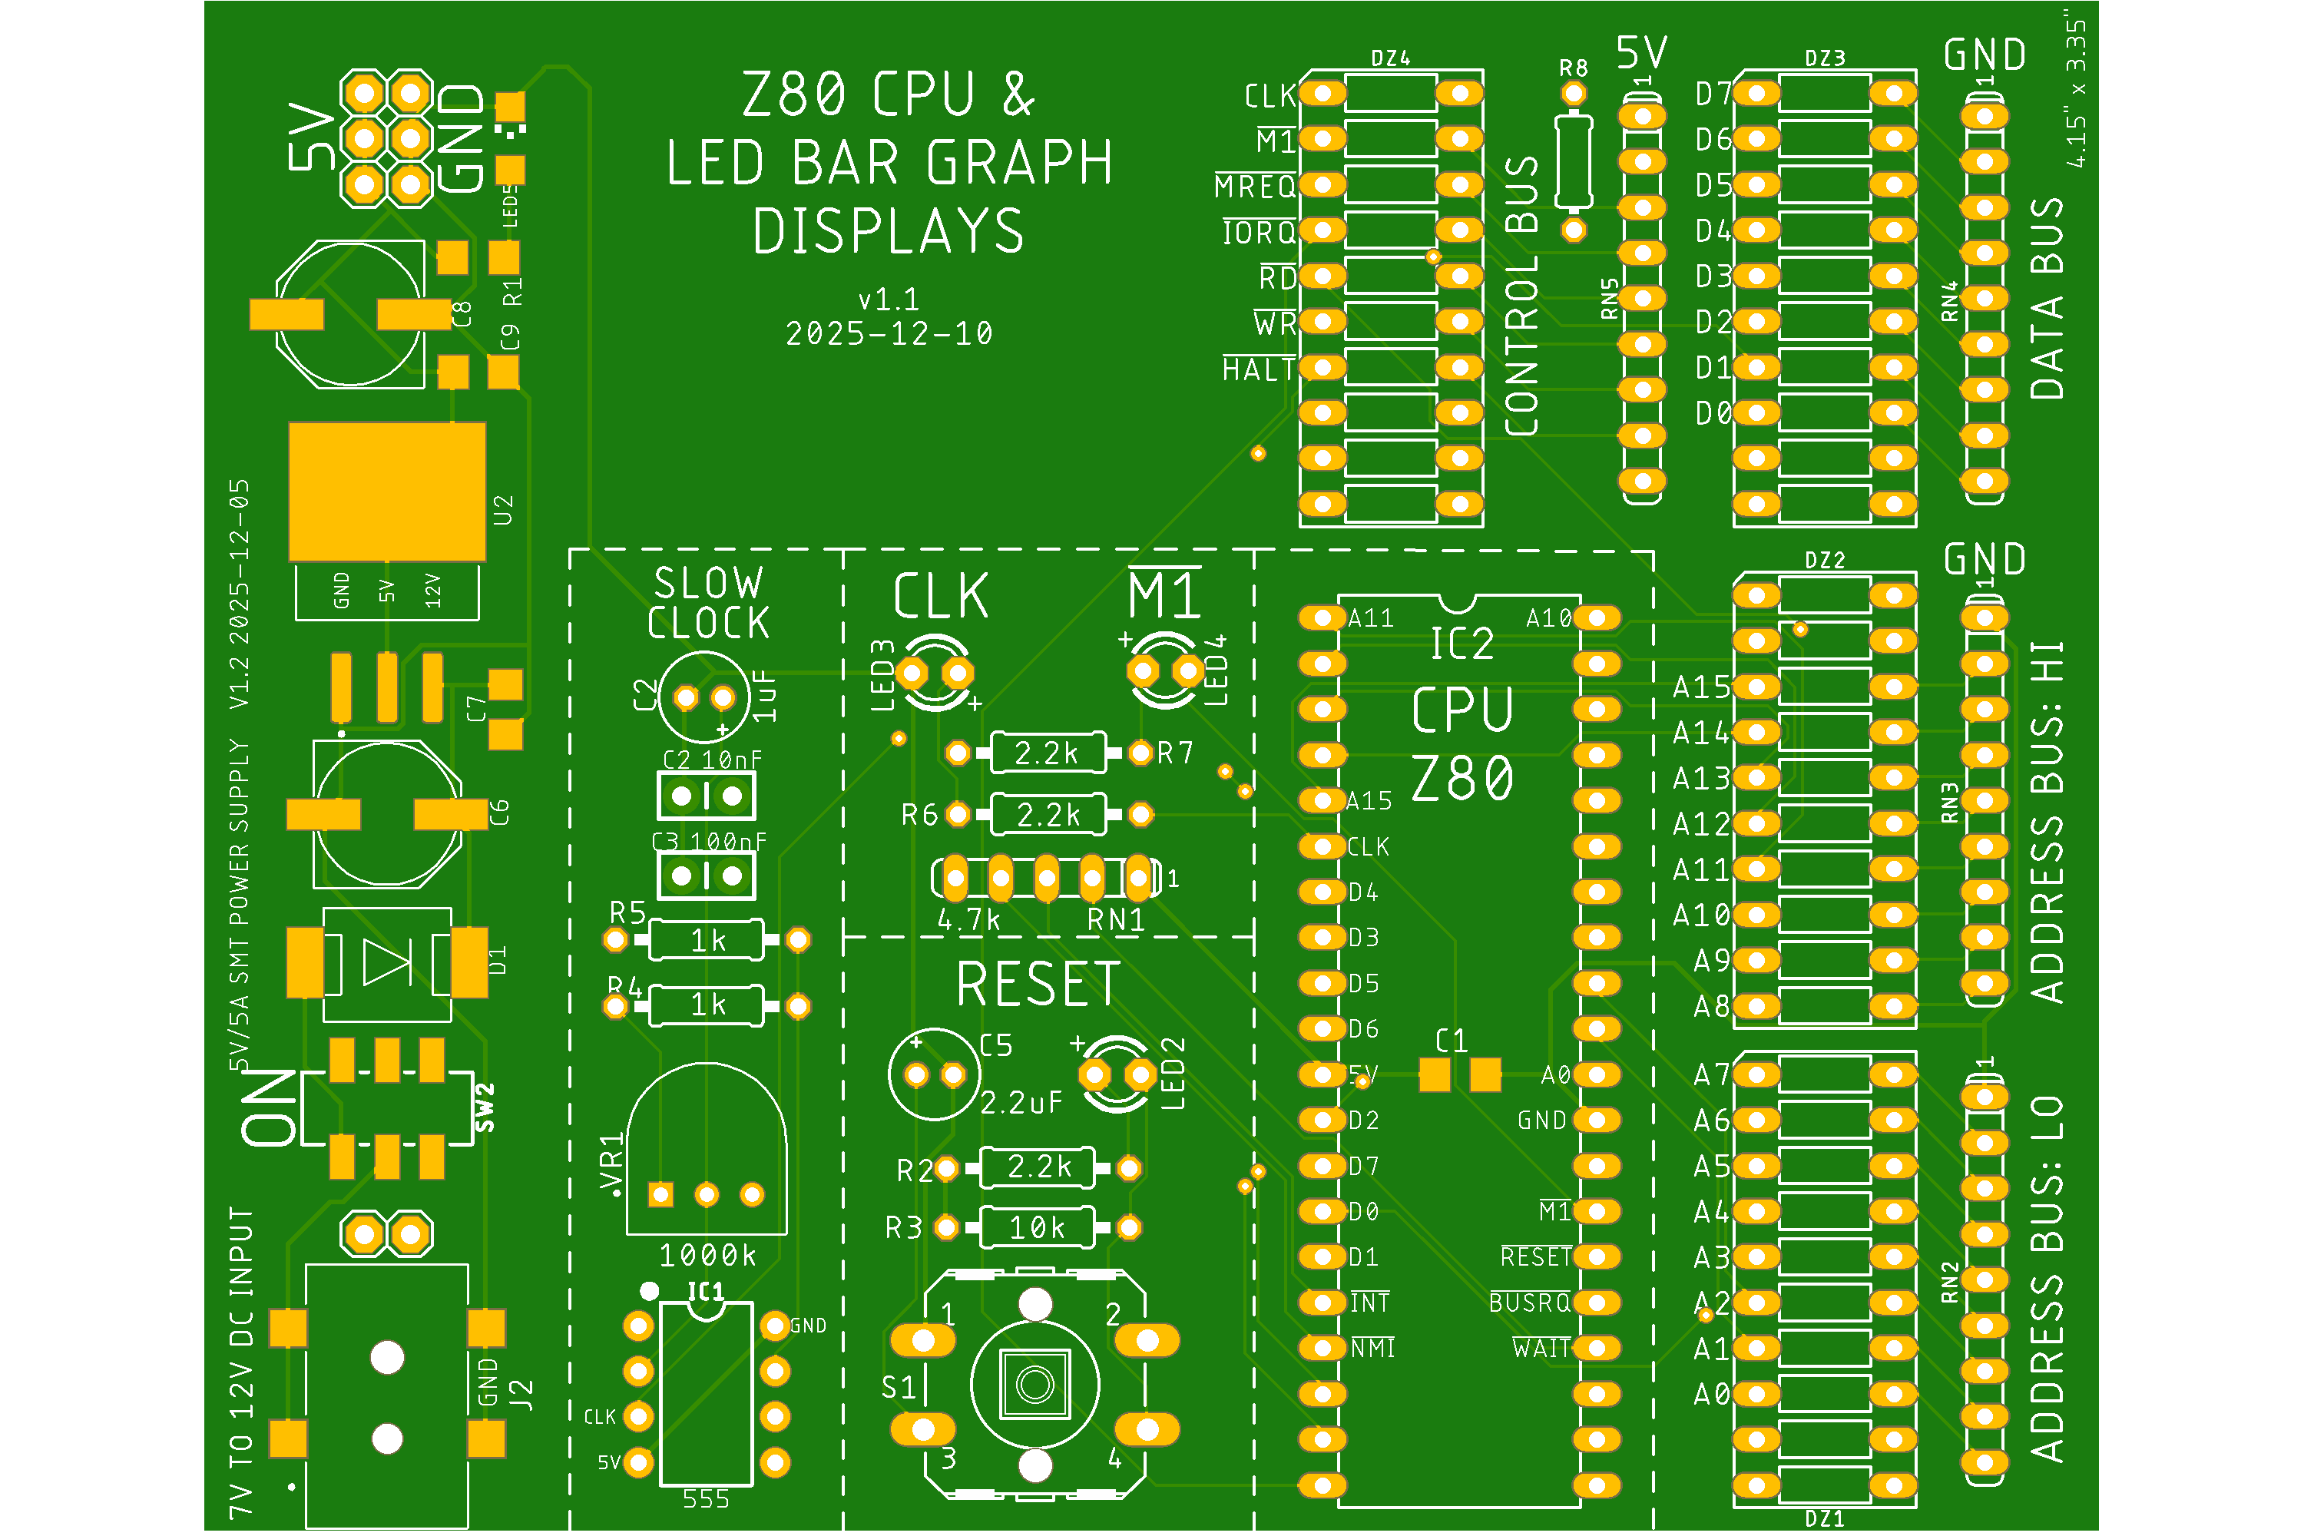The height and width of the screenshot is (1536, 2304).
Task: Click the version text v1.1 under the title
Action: pyautogui.click(x=889, y=299)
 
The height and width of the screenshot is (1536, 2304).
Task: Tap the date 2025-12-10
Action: pyautogui.click(x=889, y=334)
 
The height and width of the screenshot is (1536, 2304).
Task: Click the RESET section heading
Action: pyautogui.click(x=1038, y=985)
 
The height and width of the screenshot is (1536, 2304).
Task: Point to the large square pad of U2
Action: pyautogui.click(x=387, y=491)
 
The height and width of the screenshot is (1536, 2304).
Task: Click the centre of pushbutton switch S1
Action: pyautogui.click(x=1034, y=1384)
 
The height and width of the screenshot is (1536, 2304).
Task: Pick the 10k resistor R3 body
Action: pyautogui.click(x=1038, y=1227)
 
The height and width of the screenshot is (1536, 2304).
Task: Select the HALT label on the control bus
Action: pyautogui.click(x=1259, y=369)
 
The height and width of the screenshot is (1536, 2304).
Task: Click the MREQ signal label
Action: pyautogui.click(x=1255, y=186)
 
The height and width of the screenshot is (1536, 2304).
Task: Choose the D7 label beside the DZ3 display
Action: pyautogui.click(x=1713, y=94)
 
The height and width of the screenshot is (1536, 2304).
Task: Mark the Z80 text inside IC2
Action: pyautogui.click(x=1462, y=779)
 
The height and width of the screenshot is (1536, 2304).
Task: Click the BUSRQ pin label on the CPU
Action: pyautogui.click(x=1529, y=1303)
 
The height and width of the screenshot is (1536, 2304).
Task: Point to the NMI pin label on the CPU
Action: pyautogui.click(x=1372, y=1349)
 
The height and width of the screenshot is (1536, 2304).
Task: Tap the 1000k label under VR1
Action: pyautogui.click(x=707, y=1255)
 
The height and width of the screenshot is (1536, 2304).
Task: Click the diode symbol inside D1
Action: pyautogui.click(x=387, y=962)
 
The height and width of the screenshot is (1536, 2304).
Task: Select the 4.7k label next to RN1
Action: pyautogui.click(x=968, y=921)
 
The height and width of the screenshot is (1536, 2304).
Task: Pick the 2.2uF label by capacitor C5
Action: pyautogui.click(x=1021, y=1103)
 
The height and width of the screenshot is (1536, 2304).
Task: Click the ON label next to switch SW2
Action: pyautogui.click(x=270, y=1107)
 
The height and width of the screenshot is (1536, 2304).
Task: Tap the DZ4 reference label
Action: pyautogui.click(x=1390, y=59)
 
